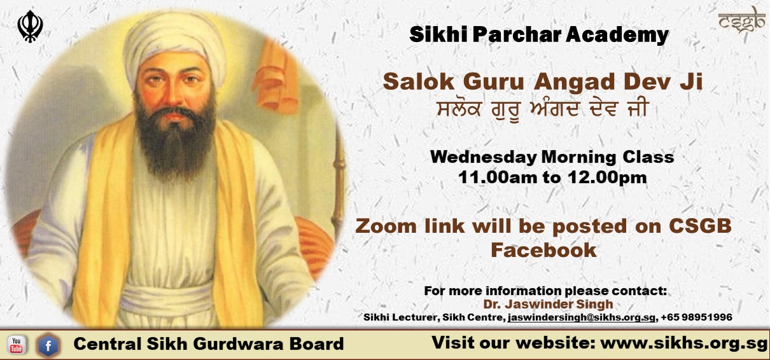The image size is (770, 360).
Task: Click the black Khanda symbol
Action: tap(31, 27)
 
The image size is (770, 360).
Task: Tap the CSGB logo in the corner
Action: tap(742, 21)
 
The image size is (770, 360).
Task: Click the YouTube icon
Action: tap(16, 345)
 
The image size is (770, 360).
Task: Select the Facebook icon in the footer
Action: tap(48, 345)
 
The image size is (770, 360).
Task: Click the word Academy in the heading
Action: tap(617, 36)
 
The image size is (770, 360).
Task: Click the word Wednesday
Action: tap(483, 158)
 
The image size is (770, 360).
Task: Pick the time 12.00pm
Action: tap(607, 177)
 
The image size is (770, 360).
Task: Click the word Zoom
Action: tap(386, 226)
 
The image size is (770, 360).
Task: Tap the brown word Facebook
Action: tap(543, 250)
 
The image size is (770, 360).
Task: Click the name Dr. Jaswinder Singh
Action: tap(548, 305)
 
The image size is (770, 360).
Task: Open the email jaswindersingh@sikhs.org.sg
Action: tap(581, 317)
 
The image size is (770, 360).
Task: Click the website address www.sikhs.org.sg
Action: tap(683, 343)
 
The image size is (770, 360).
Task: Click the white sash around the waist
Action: tap(167, 299)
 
